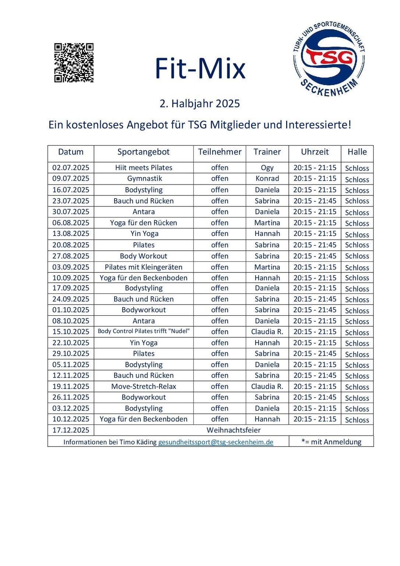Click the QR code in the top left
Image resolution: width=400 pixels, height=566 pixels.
click(x=74, y=63)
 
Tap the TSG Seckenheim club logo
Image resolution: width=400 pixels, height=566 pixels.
click(x=329, y=59)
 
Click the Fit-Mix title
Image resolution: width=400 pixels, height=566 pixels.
click(x=200, y=69)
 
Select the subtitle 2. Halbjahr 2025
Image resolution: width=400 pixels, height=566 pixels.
click(x=200, y=104)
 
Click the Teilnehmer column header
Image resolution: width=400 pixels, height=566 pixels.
click(x=220, y=152)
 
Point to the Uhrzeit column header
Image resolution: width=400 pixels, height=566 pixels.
click(x=315, y=152)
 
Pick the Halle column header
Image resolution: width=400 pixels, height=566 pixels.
click(x=357, y=152)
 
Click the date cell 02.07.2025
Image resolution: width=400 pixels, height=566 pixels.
click(x=71, y=168)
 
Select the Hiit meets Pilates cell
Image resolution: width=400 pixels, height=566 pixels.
click(x=144, y=168)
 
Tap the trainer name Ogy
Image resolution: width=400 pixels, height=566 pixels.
click(x=267, y=168)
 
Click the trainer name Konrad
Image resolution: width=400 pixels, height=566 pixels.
click(x=267, y=178)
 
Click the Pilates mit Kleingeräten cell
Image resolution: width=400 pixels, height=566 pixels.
click(x=144, y=267)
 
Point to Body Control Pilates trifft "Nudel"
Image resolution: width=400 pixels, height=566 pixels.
click(x=144, y=331)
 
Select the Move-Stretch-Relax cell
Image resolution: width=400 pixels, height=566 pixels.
click(x=144, y=386)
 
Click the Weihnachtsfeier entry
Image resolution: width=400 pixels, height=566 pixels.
click(x=234, y=430)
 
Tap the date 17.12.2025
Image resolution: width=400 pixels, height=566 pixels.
click(x=71, y=430)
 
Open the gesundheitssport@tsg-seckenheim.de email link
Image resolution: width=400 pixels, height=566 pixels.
click(x=215, y=442)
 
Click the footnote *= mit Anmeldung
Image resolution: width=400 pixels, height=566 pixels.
click(x=331, y=442)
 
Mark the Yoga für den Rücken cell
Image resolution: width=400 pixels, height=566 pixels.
click(x=144, y=223)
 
